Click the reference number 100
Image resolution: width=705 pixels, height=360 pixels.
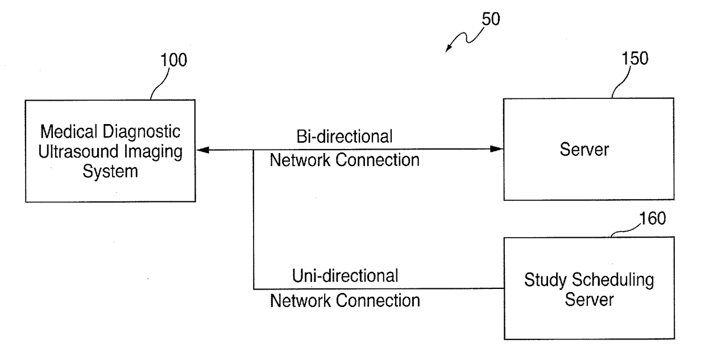[x=174, y=60]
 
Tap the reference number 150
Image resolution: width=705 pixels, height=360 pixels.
[x=635, y=58]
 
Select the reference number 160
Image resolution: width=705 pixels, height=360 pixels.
[x=653, y=218]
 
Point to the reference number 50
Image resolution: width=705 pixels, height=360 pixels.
[x=491, y=19]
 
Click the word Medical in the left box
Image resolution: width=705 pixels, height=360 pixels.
[x=69, y=131]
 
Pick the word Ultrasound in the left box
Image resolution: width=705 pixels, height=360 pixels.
[x=78, y=151]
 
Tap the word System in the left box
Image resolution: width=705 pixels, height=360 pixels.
[x=110, y=172]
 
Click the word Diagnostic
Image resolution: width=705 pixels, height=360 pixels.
[x=142, y=131]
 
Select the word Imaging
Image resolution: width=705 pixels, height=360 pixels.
[x=153, y=152]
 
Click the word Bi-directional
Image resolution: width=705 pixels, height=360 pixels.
[x=345, y=136]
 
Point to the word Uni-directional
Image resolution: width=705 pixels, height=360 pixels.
[x=345, y=276]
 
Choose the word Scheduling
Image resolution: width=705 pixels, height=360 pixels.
[x=613, y=280]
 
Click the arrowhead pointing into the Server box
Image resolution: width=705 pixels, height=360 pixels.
[x=497, y=149]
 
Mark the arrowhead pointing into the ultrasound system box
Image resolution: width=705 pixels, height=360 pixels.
[x=202, y=150]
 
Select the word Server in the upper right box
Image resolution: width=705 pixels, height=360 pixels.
[x=584, y=150]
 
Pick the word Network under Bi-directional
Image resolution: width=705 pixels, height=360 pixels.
[x=300, y=160]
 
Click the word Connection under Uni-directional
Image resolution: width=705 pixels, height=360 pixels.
[x=378, y=300]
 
